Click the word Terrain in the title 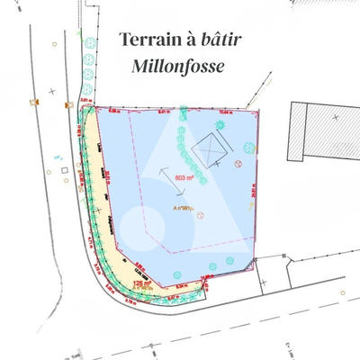pyautogui.click(x=148, y=40)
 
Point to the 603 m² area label pyautogui.click(x=186, y=178)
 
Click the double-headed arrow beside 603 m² pyautogui.click(x=163, y=176)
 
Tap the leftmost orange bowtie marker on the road pyautogui.click(x=35, y=103)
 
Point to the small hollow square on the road pyautogui.click(x=64, y=169)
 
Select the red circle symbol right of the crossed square pyautogui.click(x=238, y=164)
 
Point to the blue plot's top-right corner pyautogui.click(x=259, y=113)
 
